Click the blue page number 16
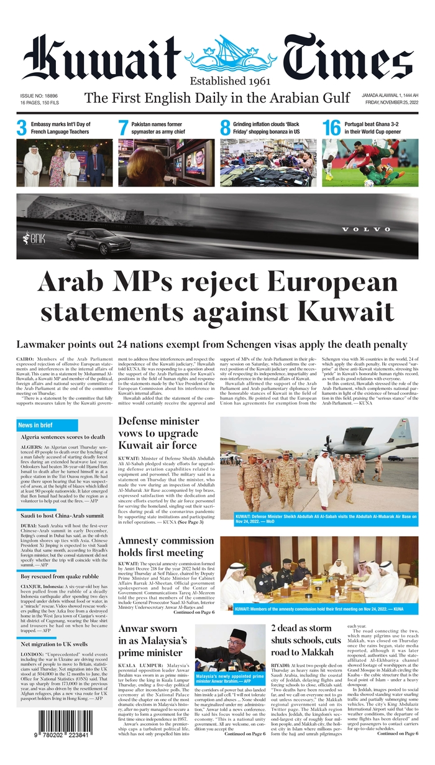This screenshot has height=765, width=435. pyautogui.click(x=331, y=127)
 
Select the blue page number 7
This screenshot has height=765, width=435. pyautogui.click(x=123, y=127)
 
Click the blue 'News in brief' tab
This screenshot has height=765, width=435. pyautogui.click(x=47, y=425)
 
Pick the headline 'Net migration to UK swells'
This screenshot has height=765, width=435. pyautogui.click(x=54, y=644)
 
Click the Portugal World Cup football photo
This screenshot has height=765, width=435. pyautogui.click(x=370, y=163)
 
